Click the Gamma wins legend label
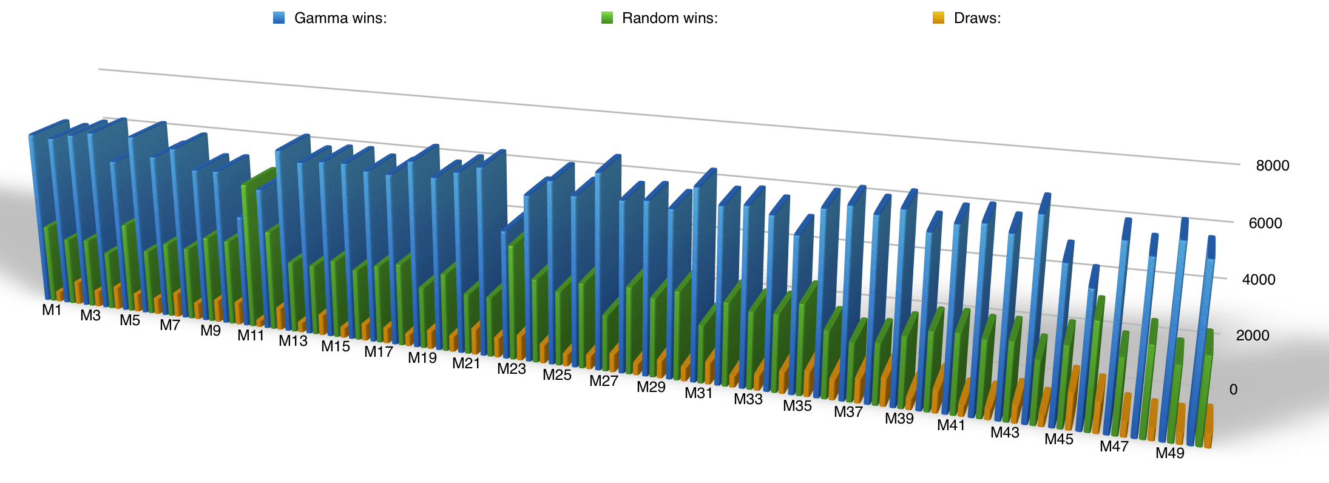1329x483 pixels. [340, 18]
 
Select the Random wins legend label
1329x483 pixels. [669, 18]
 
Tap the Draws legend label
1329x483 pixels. [977, 18]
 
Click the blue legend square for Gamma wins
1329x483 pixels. [279, 18]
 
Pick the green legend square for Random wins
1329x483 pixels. [607, 18]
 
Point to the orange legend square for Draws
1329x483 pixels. [938, 18]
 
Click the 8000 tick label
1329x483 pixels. [1272, 166]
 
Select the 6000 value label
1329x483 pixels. [1265, 223]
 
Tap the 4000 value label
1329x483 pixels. [1258, 280]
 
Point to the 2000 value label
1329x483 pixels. [1252, 336]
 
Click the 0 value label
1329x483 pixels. [1233, 390]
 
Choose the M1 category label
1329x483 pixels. [52, 310]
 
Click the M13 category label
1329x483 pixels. [293, 341]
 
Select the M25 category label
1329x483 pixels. [557, 375]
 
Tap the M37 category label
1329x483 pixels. [848, 412]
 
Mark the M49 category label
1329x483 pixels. [1169, 453]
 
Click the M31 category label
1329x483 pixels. [698, 393]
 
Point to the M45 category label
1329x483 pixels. [1058, 439]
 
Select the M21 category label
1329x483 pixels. [466, 363]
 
